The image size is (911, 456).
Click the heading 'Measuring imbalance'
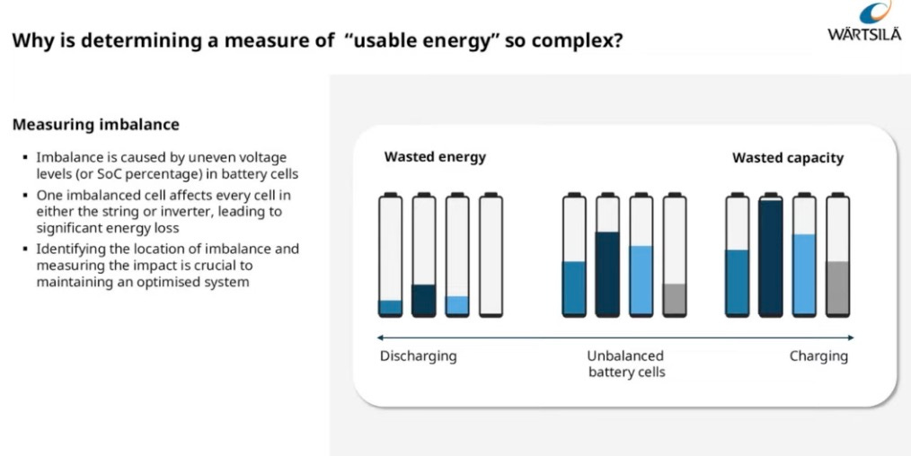tap(95, 125)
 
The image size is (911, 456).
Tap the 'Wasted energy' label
tap(435, 157)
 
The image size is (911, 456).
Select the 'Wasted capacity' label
tap(788, 158)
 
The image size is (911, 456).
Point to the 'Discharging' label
tap(418, 356)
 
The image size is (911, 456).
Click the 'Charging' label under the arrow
tap(818, 356)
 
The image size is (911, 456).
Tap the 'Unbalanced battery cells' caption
tap(625, 364)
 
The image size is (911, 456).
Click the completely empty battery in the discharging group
tap(491, 255)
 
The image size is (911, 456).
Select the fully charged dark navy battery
tap(771, 255)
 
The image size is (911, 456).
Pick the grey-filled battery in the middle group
tap(674, 255)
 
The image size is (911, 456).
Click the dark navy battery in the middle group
tap(607, 255)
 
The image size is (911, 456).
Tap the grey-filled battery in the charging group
tap(837, 255)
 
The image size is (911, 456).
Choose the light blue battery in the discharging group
tap(457, 255)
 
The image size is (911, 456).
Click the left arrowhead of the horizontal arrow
tap(381, 338)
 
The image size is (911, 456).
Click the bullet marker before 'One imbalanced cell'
tap(25, 195)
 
